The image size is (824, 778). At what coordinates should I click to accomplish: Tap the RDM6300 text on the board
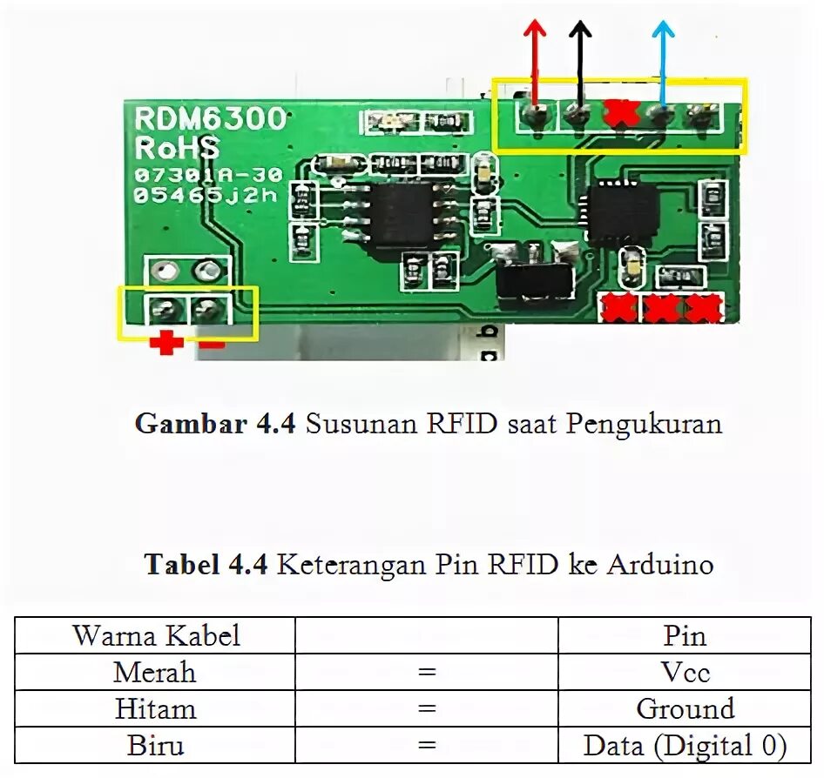pyautogui.click(x=209, y=119)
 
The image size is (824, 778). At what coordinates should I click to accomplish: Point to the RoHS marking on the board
pyautogui.click(x=177, y=145)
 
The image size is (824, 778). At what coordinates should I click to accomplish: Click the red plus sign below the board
pyautogui.click(x=165, y=344)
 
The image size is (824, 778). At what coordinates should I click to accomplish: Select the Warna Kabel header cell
pyautogui.click(x=156, y=635)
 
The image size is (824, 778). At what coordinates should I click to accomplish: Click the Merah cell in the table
pyautogui.click(x=155, y=673)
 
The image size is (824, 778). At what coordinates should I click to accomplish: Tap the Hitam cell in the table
pyautogui.click(x=155, y=709)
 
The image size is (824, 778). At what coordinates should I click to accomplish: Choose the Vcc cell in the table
pyautogui.click(x=685, y=673)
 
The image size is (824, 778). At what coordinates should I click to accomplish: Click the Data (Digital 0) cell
pyautogui.click(x=685, y=746)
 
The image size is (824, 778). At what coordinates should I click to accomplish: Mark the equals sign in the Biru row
pyautogui.click(x=426, y=747)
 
